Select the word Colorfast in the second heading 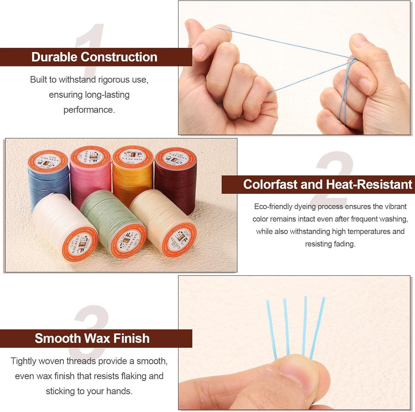coord(270,184)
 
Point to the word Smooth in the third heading coord(57,338)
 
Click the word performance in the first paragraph coord(89,110)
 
